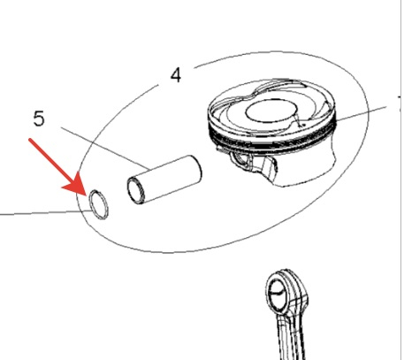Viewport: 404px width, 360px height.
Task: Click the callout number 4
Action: tap(176, 75)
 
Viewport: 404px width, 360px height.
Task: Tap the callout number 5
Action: tap(39, 119)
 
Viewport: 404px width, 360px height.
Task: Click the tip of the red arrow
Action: tap(86, 195)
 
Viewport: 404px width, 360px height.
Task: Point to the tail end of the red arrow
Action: tap(30, 140)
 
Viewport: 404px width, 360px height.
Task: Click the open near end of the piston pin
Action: tap(135, 191)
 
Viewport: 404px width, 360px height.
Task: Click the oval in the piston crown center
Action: tap(271, 111)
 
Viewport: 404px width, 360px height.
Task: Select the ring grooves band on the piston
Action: tap(271, 140)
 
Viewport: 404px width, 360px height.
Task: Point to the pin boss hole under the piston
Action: tap(241, 161)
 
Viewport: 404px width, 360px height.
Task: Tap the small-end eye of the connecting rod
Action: tap(277, 292)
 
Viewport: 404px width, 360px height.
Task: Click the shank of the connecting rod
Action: tap(290, 336)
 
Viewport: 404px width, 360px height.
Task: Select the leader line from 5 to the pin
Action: tap(105, 149)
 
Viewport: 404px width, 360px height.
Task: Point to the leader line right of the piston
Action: tap(361, 113)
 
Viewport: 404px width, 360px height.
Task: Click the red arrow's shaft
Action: tap(53, 163)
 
